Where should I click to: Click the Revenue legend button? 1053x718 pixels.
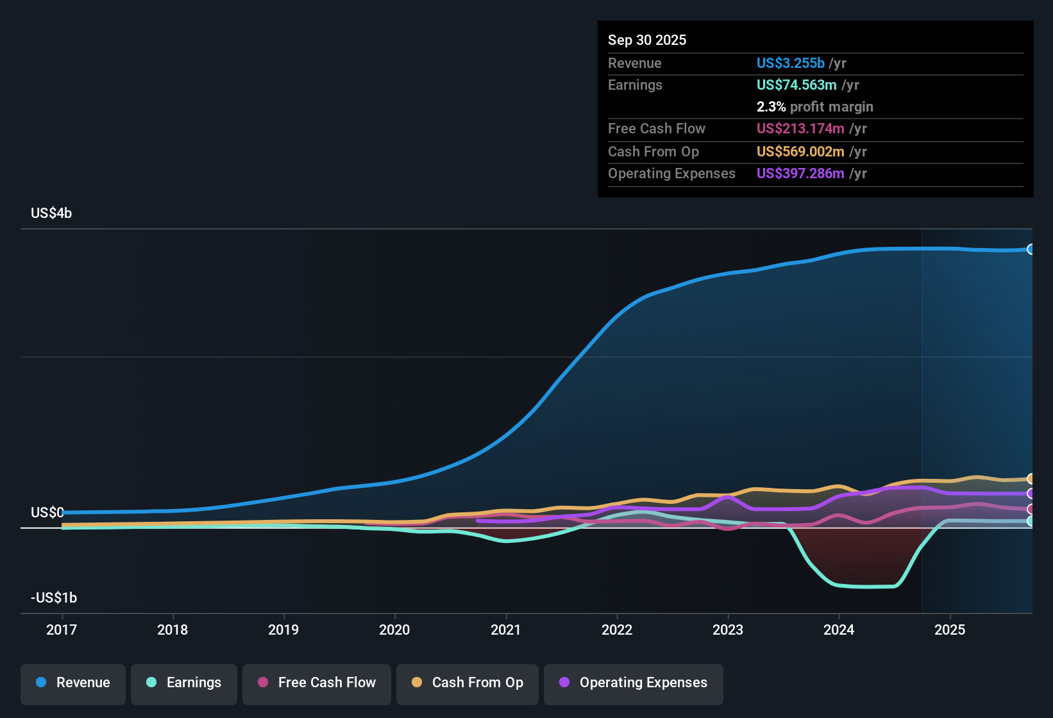pos(73,683)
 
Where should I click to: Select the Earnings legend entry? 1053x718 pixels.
pos(184,683)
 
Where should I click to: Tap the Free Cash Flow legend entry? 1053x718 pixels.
pos(317,683)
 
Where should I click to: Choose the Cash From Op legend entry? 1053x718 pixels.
pos(468,683)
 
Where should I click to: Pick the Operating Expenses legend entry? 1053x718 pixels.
pos(634,683)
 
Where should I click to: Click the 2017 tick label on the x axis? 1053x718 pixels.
pos(62,630)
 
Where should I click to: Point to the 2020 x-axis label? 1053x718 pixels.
pos(394,630)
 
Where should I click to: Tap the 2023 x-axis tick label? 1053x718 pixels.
pos(728,630)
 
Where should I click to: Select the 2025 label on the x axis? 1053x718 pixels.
pos(950,630)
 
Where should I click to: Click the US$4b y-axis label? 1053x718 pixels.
pos(51,213)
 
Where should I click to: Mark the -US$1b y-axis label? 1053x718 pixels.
pos(54,598)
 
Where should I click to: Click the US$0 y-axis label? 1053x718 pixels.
pos(47,513)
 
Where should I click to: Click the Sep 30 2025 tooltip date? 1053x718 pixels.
pos(647,40)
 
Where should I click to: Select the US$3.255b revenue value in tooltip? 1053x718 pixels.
pos(790,63)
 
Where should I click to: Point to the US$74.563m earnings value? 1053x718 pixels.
pos(796,85)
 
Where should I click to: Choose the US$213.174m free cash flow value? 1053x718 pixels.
pos(800,129)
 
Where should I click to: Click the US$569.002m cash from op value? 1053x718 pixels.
pos(800,152)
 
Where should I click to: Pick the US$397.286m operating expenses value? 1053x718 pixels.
pos(800,174)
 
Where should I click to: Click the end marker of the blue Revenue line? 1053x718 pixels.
pos(1031,249)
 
